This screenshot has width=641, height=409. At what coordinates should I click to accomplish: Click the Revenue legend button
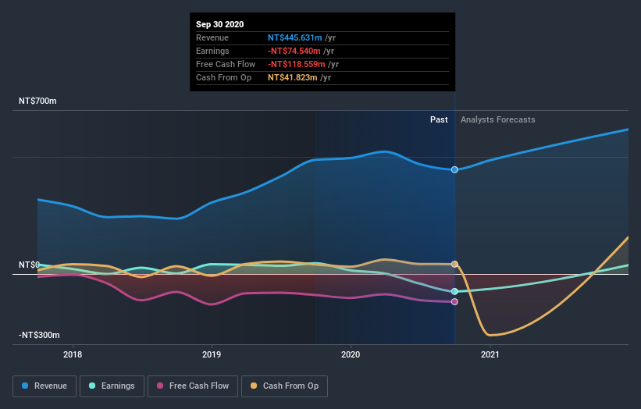pos(45,386)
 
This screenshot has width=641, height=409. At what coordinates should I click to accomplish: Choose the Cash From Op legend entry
pos(285,386)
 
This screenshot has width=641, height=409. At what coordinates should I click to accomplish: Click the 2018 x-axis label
pos(73,355)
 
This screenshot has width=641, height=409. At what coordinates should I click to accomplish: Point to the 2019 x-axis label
pos(212,355)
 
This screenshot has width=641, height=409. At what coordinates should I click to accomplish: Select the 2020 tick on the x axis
pos(351,355)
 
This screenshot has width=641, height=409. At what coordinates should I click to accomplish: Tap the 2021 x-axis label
pos(490,355)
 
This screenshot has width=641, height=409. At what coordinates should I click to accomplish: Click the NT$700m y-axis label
pos(38,101)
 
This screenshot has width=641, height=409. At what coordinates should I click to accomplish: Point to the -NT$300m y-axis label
pos(40,336)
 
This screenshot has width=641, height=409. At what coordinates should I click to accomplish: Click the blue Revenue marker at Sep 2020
pos(454,169)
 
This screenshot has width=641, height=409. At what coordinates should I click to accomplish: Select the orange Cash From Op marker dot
pos(454,264)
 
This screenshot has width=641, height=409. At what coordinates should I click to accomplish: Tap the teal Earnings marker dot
pos(454,291)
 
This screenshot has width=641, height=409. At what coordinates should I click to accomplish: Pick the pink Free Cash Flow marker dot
pos(454,301)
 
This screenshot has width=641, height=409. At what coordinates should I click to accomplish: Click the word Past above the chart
pos(439,119)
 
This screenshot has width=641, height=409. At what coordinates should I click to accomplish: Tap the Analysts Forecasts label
pos(498,119)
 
